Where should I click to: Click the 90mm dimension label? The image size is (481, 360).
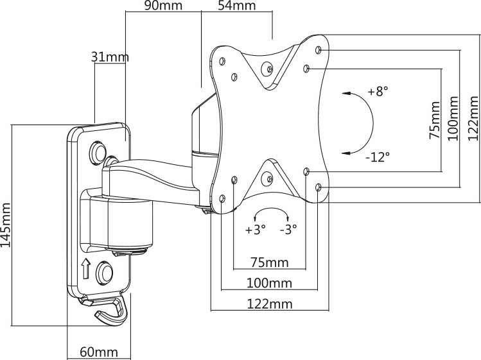tap(163, 5)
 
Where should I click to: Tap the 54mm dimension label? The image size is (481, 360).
tap(237, 5)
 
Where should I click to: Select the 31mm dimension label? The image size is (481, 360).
tap(110, 56)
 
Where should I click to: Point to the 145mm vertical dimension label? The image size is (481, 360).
tap(6, 225)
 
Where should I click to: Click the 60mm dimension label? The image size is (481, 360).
tap(99, 352)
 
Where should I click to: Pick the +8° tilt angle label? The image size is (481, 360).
tap(378, 91)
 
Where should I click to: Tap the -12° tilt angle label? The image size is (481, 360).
tap(378, 157)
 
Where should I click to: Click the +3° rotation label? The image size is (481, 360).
tap(255, 229)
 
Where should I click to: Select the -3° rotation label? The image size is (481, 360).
tap(288, 229)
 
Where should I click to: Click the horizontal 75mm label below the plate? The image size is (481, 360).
tap(270, 262)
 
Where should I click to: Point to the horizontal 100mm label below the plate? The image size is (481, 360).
tap(269, 283)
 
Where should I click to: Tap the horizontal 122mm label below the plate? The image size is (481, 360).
tap(270, 304)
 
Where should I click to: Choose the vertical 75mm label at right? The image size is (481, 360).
tap(434, 120)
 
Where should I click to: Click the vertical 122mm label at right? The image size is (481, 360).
tap(473, 118)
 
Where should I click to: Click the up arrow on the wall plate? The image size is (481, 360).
tap(86, 269)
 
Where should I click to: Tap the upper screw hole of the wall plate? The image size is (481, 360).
tap(98, 152)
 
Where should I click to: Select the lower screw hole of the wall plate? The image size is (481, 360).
tap(105, 272)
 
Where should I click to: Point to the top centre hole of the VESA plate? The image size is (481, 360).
tap(268, 69)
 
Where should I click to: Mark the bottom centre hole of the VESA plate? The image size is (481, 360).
tap(268, 179)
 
